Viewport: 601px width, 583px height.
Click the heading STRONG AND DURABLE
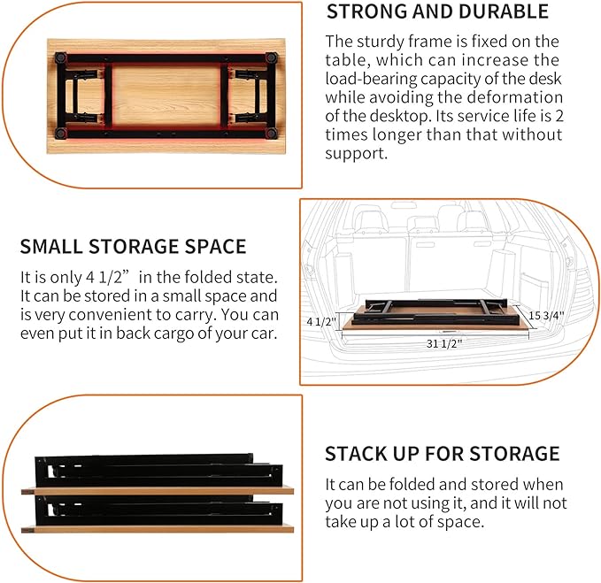pos(437,12)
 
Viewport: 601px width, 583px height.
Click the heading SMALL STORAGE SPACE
pos(133,246)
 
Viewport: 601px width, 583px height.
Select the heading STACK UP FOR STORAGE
pos(442,454)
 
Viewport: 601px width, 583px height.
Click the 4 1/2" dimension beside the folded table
pos(320,321)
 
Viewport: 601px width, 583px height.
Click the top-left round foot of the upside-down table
pos(61,58)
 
